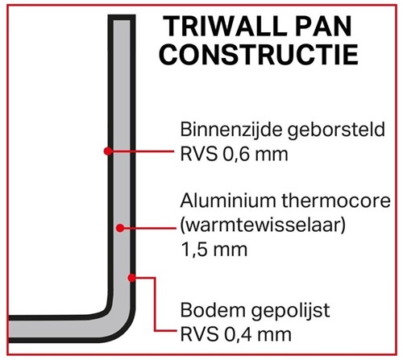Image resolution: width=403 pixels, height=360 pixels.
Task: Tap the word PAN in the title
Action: coord(321,27)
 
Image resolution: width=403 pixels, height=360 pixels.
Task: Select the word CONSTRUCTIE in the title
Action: coord(259,55)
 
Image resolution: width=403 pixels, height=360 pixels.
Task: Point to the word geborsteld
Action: coord(336,130)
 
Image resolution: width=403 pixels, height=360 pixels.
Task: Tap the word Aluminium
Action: coord(228,201)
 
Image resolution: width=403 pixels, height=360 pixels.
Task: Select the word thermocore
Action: coord(336,201)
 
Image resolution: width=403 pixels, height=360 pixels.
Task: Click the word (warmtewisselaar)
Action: coord(263,226)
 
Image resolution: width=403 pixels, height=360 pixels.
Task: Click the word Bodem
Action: coord(213,310)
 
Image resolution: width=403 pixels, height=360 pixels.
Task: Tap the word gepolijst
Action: coord(290,312)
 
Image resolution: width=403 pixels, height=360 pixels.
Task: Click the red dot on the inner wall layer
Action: coord(108,151)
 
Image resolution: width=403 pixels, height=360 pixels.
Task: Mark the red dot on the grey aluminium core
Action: coord(120,228)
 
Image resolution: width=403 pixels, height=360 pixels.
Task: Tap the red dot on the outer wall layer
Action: coord(131,278)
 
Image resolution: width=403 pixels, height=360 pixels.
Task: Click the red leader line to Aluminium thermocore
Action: coord(149,228)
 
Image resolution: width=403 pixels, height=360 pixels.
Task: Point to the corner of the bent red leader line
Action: coord(155,278)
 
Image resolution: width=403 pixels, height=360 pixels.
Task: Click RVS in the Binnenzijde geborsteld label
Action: coord(198,155)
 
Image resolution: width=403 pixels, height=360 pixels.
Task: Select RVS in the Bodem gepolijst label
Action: coord(198,335)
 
